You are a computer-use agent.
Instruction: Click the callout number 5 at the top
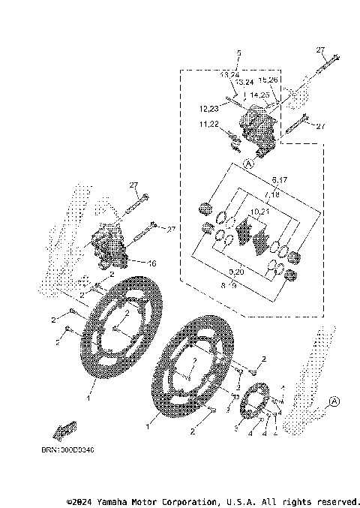[238, 53]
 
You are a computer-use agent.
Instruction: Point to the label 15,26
[268, 80]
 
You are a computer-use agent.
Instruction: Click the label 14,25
[260, 95]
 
